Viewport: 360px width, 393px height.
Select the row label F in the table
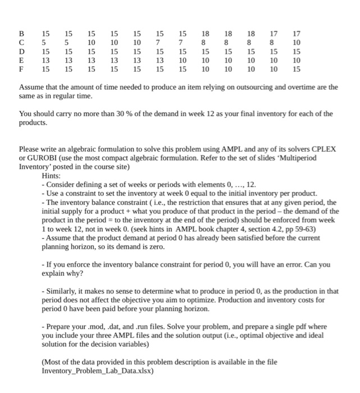tap(22, 70)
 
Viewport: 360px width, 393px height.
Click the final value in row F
tap(297, 70)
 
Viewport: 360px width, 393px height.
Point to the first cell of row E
tap(45, 61)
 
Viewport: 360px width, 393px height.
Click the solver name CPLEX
tap(323, 149)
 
